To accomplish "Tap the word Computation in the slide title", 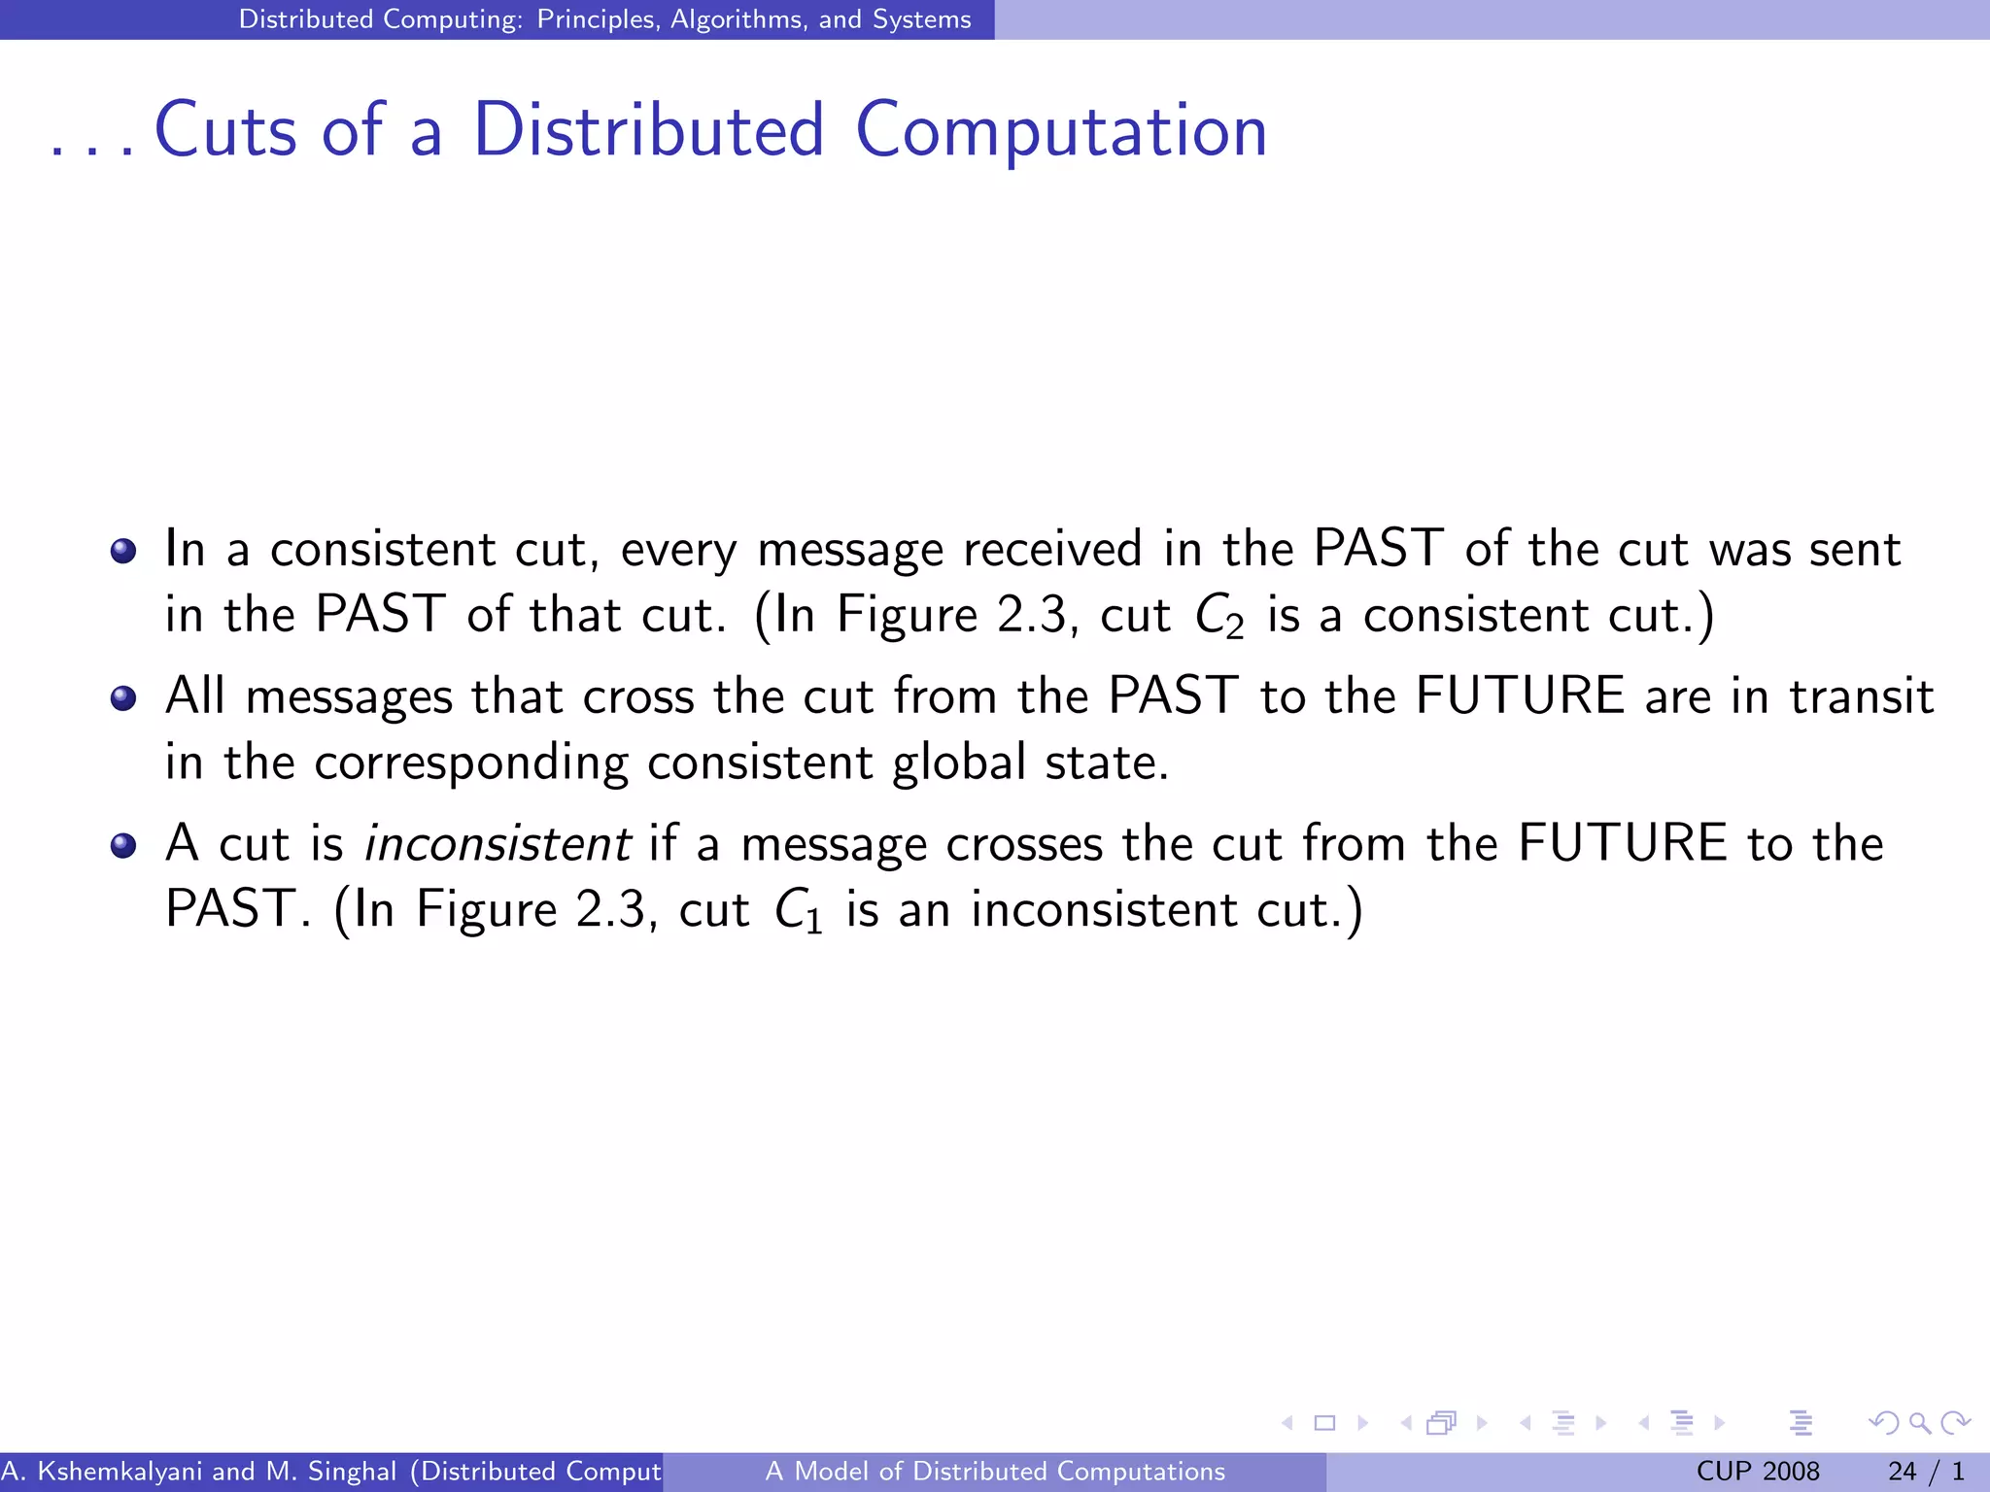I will tap(1061, 132).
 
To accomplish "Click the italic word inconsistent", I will tap(497, 843).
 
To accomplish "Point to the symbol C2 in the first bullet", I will tap(1218, 617).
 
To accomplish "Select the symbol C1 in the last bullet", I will tap(798, 912).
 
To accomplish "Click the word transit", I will tap(1861, 696).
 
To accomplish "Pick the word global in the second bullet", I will tap(958, 763).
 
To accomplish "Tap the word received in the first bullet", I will tap(1052, 550).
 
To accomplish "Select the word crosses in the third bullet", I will tap(1024, 843).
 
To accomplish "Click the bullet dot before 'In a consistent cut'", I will tap(123, 551).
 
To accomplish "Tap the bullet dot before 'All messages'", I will tap(123, 697).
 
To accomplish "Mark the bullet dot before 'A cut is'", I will tap(123, 845).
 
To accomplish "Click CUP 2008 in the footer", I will tap(1757, 1472).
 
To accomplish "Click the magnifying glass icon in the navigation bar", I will tap(1919, 1423).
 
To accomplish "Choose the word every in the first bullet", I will tap(678, 550).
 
